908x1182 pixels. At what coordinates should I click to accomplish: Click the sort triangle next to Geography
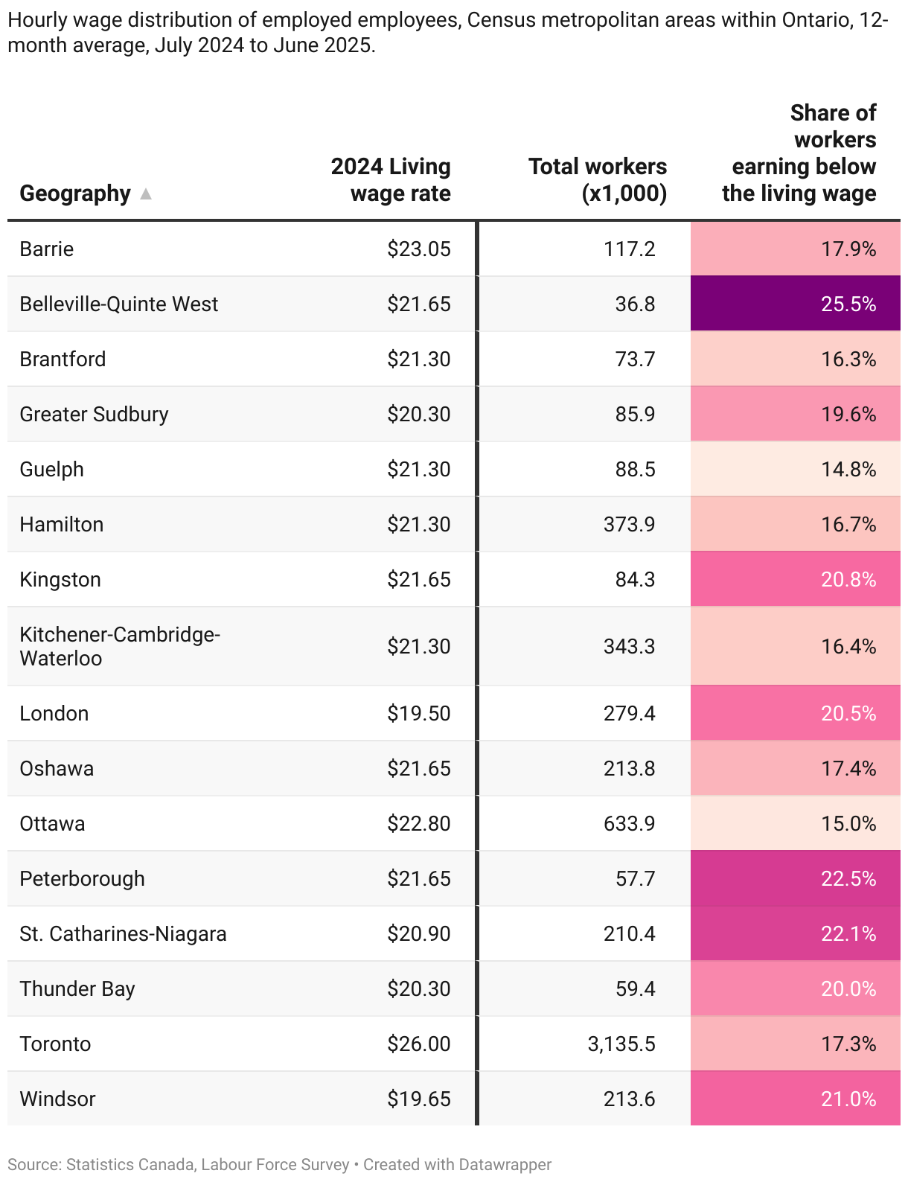pos(146,194)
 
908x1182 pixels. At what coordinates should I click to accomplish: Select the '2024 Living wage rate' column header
pos(391,179)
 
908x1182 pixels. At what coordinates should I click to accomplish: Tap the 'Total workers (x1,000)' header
pos(598,179)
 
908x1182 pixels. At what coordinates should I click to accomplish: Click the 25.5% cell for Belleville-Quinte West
pos(848,304)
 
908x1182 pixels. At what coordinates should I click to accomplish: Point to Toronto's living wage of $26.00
pos(418,1044)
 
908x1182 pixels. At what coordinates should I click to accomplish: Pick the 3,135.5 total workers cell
pos(621,1044)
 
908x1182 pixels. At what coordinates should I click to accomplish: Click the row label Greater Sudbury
pos(94,414)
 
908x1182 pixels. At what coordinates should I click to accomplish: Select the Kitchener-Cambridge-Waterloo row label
pos(119,646)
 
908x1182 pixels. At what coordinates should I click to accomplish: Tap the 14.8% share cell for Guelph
pos(848,469)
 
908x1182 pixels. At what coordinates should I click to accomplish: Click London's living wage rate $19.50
pos(418,713)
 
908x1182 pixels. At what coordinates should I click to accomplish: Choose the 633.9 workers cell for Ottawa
pos(629,823)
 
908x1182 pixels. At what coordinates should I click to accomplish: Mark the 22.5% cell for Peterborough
pos(848,878)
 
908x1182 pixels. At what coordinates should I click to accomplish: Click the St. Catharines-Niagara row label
pos(123,933)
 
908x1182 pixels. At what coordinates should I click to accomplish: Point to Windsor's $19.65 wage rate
pos(418,1099)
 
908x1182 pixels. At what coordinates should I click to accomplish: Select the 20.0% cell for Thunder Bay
pos(848,988)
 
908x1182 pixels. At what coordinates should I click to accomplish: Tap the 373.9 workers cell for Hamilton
pos(629,524)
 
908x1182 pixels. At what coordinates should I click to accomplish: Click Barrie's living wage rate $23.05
pos(418,249)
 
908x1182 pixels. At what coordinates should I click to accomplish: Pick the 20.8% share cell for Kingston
pos(848,579)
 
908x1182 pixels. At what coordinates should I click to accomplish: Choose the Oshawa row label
pos(57,768)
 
